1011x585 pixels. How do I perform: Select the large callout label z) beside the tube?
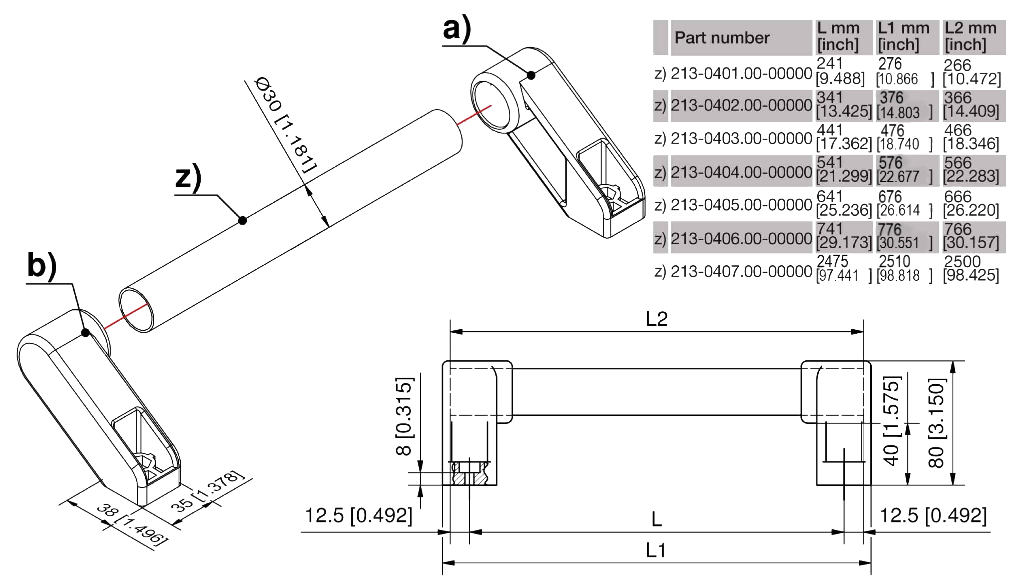188,177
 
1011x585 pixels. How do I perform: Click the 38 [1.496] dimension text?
132,524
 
